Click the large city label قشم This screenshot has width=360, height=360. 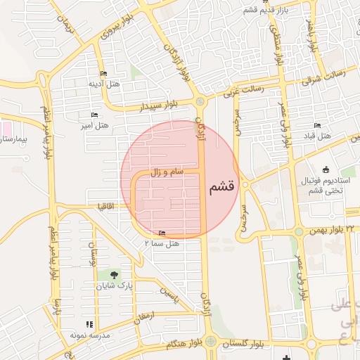221,188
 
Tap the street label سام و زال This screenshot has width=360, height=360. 167,171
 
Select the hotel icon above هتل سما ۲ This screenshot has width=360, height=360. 162,233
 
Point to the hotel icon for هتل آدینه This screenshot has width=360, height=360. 103,74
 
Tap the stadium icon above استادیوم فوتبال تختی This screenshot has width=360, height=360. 325,169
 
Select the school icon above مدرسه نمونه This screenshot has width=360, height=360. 89,324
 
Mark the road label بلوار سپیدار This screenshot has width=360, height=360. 159,106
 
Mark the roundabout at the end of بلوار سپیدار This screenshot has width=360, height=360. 200,103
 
